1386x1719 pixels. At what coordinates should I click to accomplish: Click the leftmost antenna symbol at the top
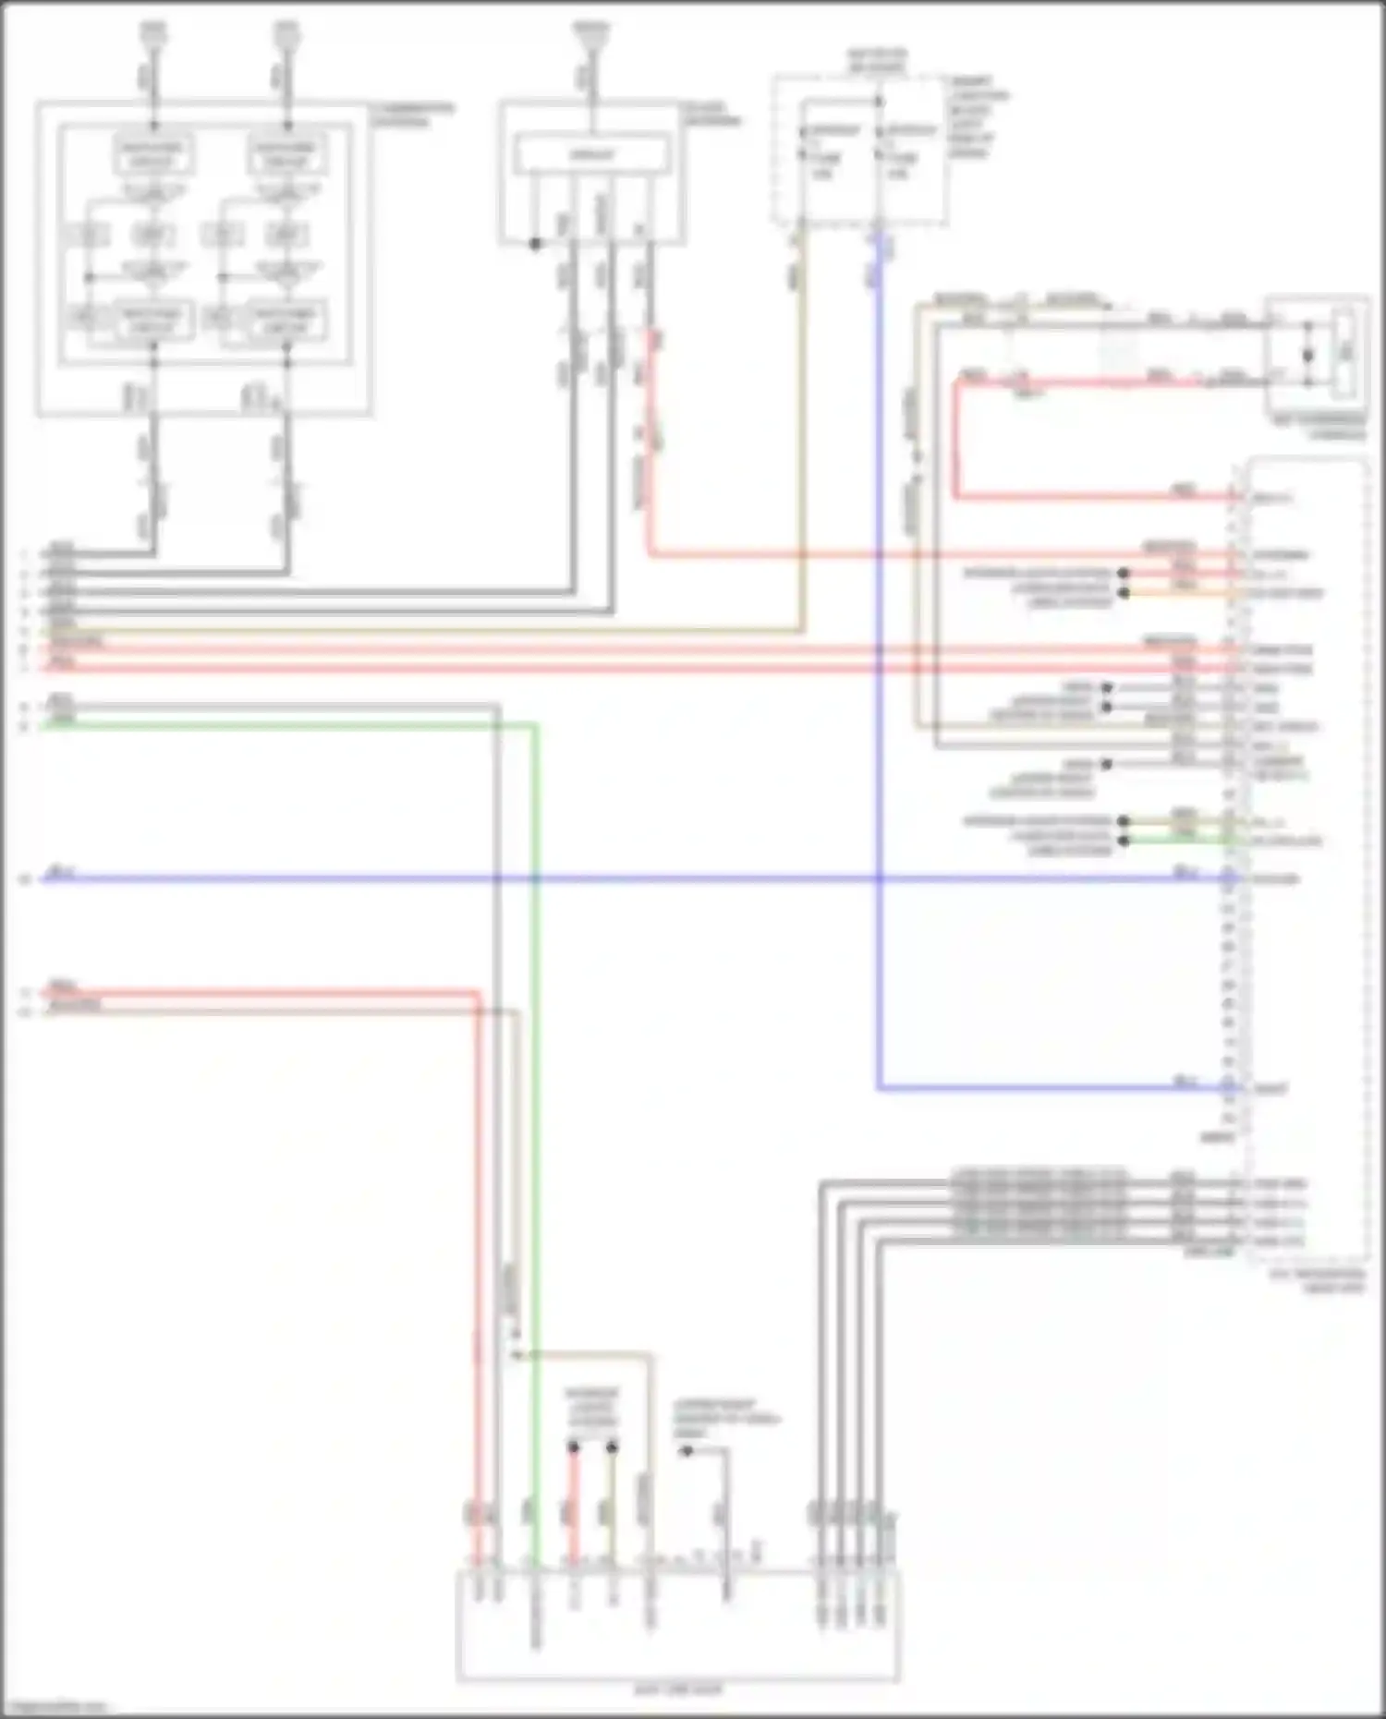tap(153, 34)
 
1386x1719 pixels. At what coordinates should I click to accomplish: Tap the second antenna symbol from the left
tap(286, 34)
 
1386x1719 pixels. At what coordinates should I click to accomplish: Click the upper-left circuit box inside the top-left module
tap(153, 154)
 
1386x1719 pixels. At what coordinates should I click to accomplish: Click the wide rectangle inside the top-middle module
tap(591, 154)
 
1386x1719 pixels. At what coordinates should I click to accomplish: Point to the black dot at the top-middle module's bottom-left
tap(535, 244)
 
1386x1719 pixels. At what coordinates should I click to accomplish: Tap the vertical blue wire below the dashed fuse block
tap(878, 647)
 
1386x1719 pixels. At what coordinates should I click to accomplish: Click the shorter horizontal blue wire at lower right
tap(1053, 1089)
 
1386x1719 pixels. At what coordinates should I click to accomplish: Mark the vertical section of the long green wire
tap(535, 1108)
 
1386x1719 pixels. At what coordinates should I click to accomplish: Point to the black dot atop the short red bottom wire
tap(573, 1447)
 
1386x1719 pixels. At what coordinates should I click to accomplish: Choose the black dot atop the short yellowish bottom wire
tap(612, 1447)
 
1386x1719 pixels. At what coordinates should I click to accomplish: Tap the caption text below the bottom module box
tap(678, 1690)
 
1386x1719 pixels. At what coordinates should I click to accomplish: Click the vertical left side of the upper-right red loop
tap(956, 439)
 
